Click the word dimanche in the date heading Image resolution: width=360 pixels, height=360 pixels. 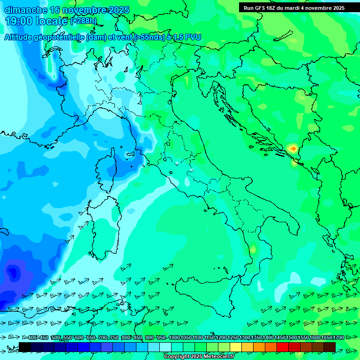[26, 10]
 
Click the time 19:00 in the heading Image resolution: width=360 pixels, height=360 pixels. [21, 21]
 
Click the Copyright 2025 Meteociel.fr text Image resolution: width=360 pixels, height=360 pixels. [199, 357]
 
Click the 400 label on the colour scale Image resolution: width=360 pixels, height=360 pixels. [32, 338]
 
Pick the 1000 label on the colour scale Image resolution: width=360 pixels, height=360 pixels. [174, 338]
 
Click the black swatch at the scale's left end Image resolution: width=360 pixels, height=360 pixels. [25, 347]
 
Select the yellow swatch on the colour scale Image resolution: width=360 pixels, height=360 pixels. [236, 347]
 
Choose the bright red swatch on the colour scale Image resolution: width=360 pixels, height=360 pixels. [283, 347]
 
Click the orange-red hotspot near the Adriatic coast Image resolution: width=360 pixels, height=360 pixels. [293, 149]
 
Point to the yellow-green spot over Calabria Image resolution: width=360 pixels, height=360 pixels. [253, 249]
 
